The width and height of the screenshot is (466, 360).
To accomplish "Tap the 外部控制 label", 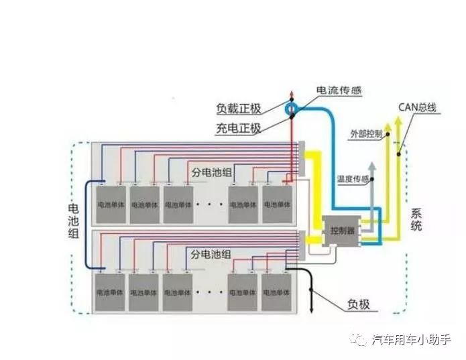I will (366, 134).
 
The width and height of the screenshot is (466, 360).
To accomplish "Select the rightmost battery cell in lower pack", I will (276, 292).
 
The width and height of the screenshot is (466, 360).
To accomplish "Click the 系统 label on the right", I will (416, 221).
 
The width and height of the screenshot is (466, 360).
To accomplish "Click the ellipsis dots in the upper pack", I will (211, 203).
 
